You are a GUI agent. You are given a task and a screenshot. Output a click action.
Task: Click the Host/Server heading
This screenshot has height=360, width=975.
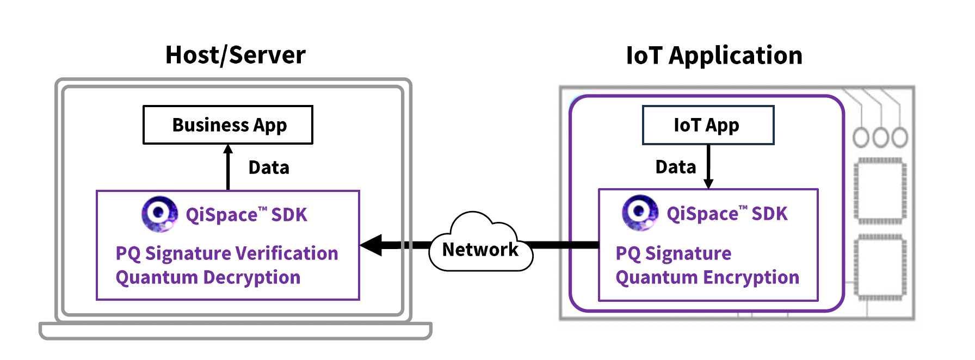coord(235,55)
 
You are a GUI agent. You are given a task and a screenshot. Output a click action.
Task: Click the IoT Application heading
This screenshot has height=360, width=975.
coord(714,55)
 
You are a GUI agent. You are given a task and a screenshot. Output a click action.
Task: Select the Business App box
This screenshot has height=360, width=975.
coord(228,125)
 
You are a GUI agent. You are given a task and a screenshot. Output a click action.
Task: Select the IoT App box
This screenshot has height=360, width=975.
coord(707,125)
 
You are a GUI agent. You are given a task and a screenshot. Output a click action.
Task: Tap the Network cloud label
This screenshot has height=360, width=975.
coord(480,250)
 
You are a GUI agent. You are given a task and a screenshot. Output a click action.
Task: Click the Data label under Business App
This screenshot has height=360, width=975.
coord(269,167)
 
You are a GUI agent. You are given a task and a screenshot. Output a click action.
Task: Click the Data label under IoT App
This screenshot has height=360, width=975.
coord(675,167)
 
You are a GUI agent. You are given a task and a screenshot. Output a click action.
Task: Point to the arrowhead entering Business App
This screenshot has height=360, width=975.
coord(228,149)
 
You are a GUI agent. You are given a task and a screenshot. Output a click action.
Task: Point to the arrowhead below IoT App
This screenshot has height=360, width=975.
coord(708,184)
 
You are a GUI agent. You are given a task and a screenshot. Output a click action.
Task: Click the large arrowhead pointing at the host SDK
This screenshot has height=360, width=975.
coord(372,245)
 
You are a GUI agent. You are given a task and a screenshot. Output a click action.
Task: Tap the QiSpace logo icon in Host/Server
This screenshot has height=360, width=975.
coord(159,214)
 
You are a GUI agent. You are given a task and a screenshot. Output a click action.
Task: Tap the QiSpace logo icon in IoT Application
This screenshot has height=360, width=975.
coord(640,213)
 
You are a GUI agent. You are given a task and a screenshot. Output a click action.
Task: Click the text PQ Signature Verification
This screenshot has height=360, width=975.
coord(227,253)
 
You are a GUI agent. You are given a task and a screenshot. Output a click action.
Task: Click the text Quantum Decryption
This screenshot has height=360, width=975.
coord(208,277)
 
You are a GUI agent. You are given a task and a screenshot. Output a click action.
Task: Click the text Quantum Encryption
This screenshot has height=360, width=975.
coord(707,277)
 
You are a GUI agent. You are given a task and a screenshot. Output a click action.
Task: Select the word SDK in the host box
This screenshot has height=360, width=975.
coord(289,215)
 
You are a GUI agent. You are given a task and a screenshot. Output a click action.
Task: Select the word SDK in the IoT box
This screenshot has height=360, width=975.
coord(769,214)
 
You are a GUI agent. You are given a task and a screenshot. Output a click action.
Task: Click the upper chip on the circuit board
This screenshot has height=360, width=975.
coord(880,191)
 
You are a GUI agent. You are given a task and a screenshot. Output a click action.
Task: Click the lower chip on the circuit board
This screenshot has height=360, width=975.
coord(880,267)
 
